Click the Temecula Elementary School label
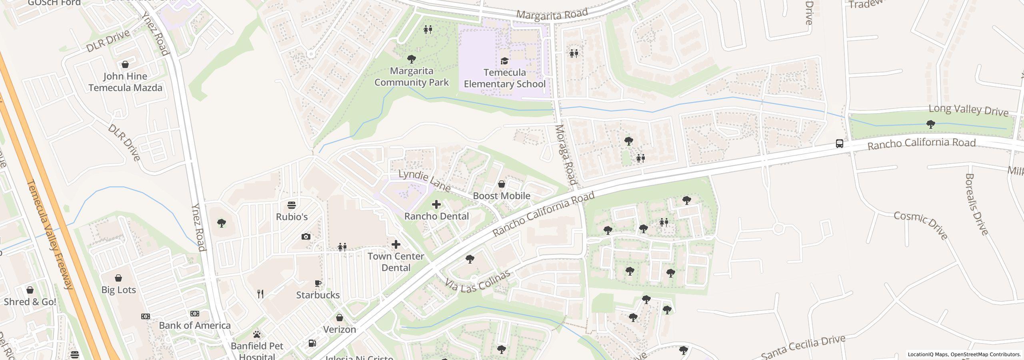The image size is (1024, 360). [x=504, y=78]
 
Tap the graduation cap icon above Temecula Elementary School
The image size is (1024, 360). [x=504, y=61]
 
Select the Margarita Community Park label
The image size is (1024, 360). [x=411, y=77]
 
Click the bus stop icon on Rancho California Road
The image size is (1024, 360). [x=840, y=144]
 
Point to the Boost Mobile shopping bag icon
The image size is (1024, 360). [x=501, y=184]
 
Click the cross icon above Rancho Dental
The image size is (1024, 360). [x=436, y=205]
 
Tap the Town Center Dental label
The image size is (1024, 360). [x=396, y=262]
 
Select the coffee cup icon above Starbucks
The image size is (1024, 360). [x=318, y=284]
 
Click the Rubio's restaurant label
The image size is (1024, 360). [x=292, y=217]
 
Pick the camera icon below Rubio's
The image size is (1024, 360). [x=306, y=237]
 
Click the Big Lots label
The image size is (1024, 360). [x=118, y=290]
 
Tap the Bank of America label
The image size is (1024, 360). [x=195, y=326]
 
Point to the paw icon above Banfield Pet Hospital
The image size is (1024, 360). [x=256, y=334]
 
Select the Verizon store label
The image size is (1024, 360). [x=339, y=330]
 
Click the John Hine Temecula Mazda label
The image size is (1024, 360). [x=125, y=82]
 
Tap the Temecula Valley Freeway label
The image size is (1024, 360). [x=50, y=234]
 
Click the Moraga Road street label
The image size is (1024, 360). [x=566, y=154]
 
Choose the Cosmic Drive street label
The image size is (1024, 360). [x=920, y=226]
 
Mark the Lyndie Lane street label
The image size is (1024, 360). [x=425, y=180]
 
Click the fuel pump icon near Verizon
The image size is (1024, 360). [x=312, y=343]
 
